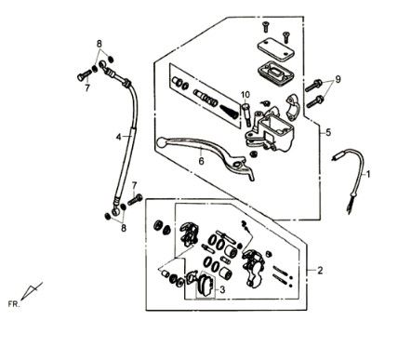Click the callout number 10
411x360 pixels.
click(x=245, y=95)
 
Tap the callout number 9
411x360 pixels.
click(x=338, y=79)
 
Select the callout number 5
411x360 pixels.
click(x=328, y=133)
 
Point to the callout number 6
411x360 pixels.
click(x=201, y=161)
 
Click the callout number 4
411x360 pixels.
click(x=118, y=137)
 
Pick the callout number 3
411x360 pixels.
click(x=222, y=290)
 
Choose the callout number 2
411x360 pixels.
click(x=320, y=271)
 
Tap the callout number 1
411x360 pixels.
click(x=368, y=175)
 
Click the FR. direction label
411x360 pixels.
click(x=14, y=304)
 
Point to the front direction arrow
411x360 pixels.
click(x=32, y=291)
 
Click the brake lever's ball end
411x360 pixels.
click(x=161, y=143)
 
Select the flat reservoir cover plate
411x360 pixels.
click(x=275, y=49)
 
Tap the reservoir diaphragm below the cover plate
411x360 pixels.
click(x=275, y=73)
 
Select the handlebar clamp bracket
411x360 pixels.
click(x=292, y=107)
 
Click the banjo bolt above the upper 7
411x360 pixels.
click(x=84, y=74)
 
